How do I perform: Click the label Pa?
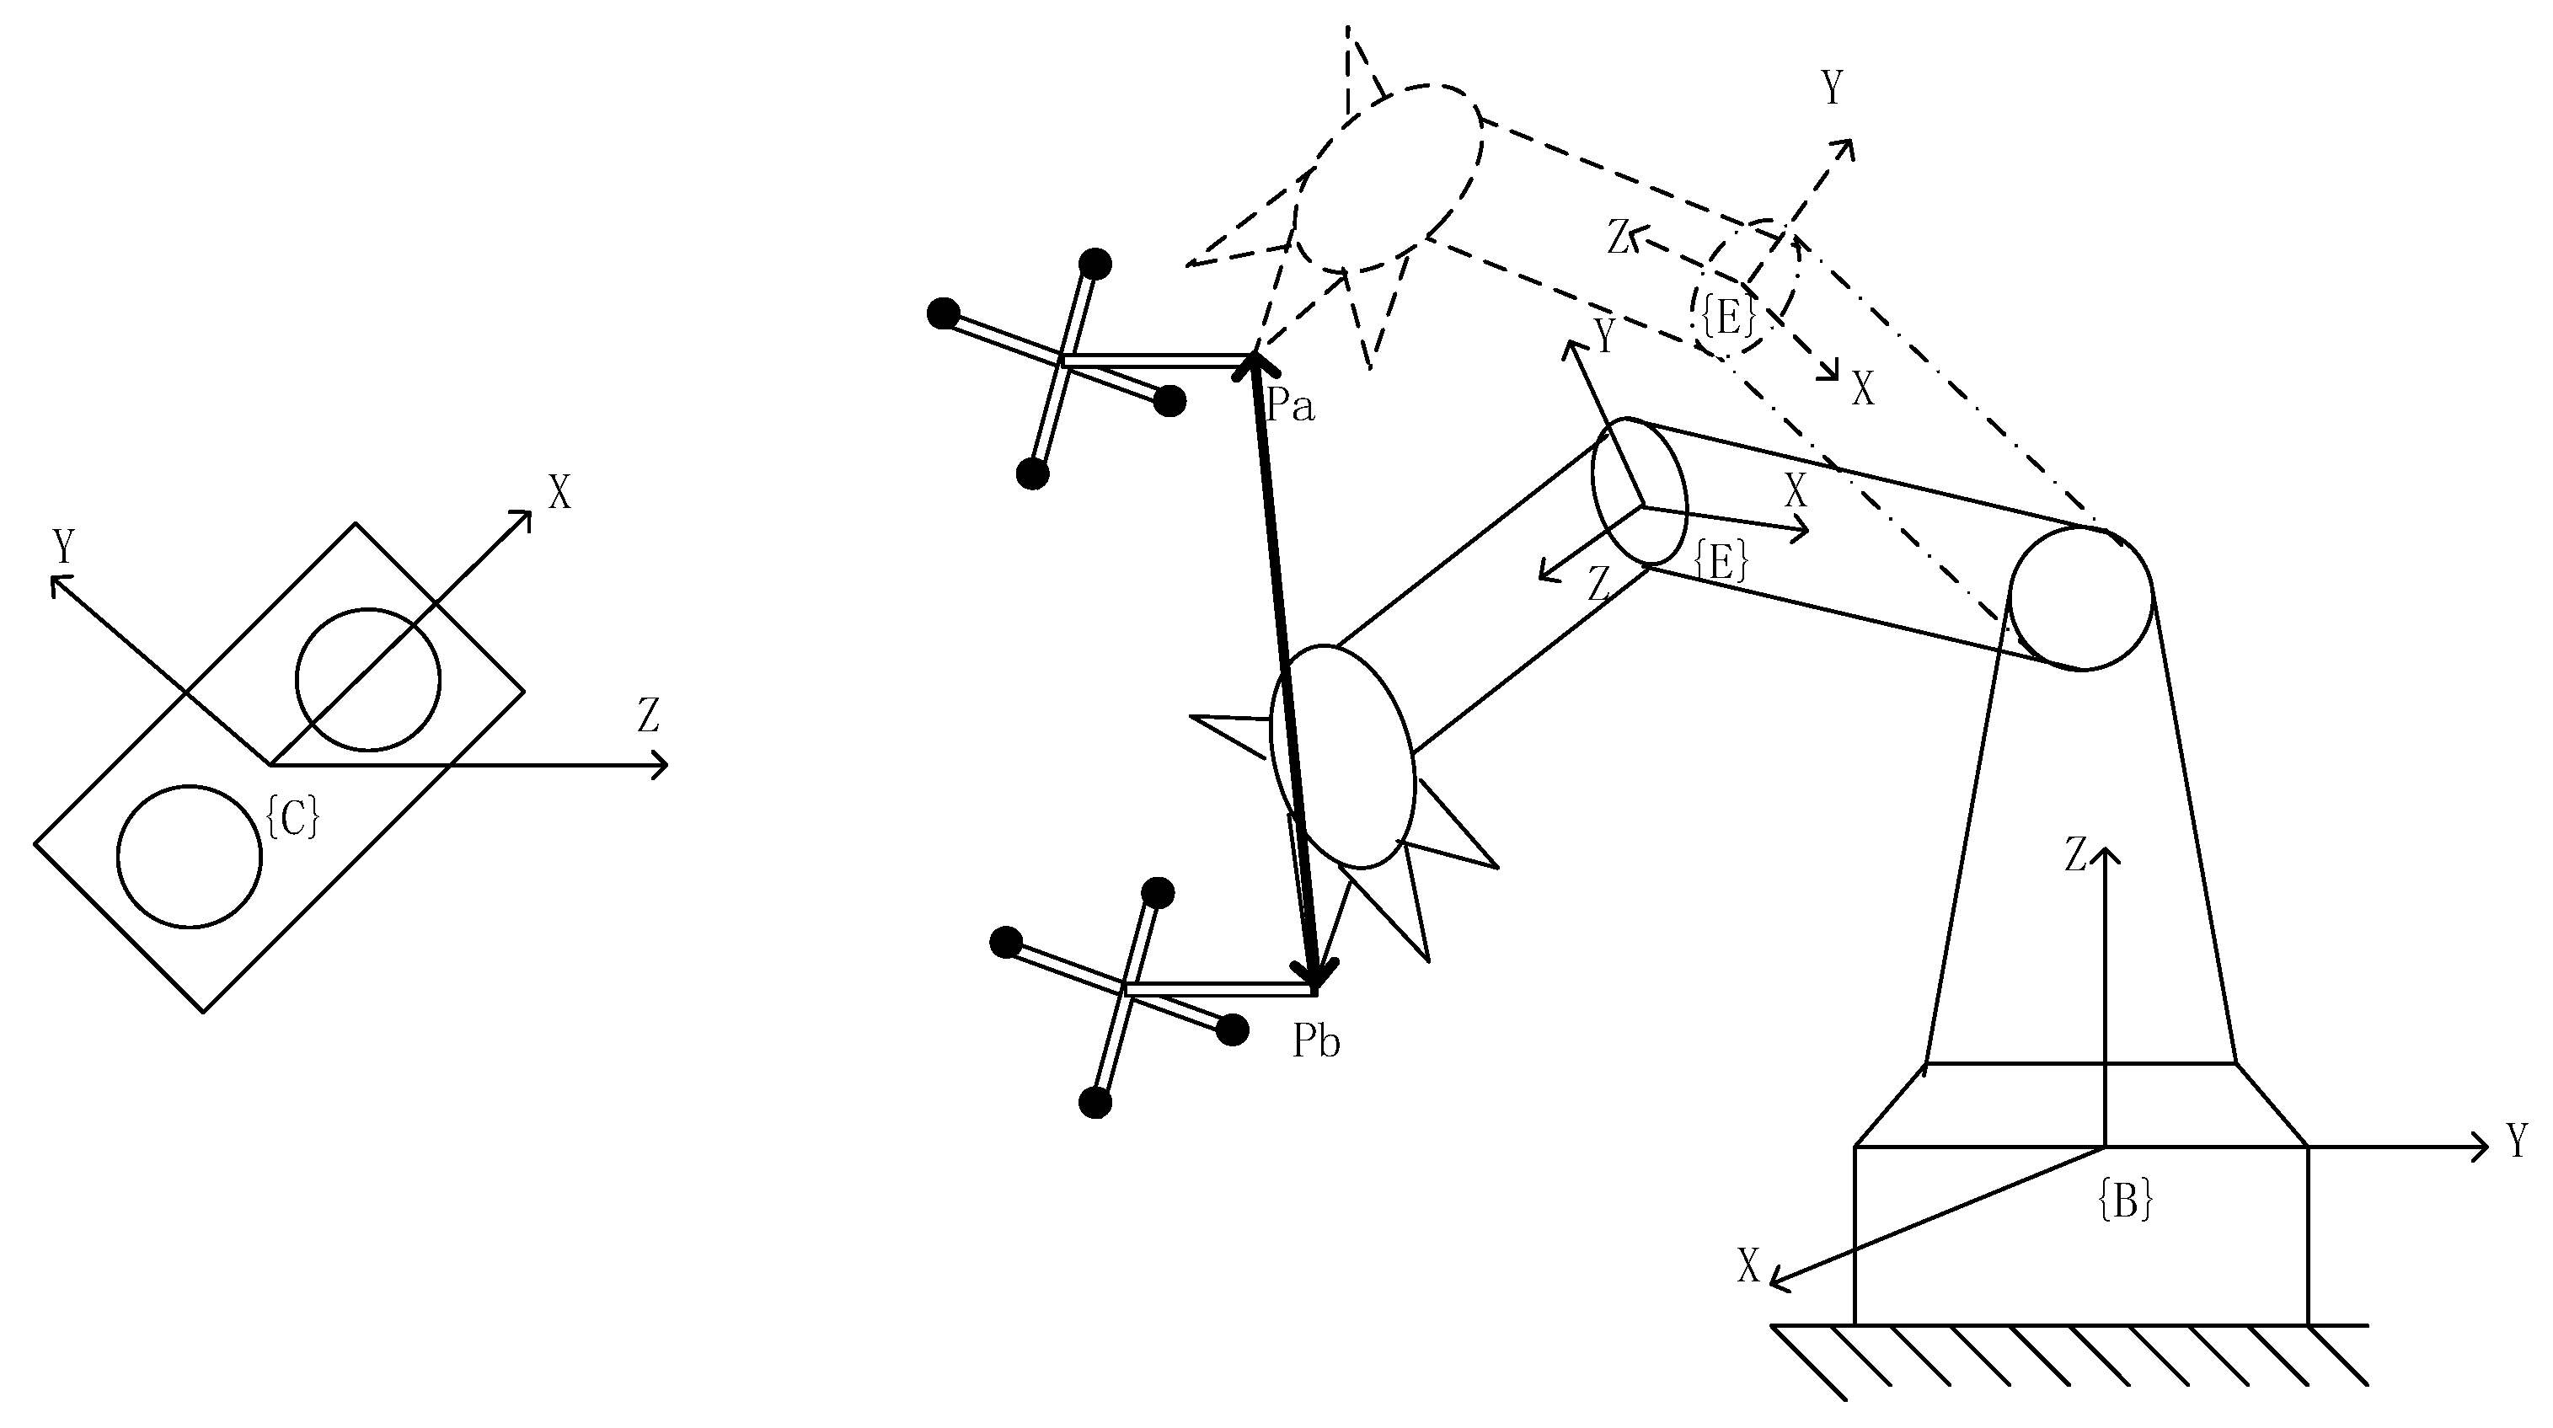[1289, 405]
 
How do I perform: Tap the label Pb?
[1316, 1042]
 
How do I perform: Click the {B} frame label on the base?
[2126, 1200]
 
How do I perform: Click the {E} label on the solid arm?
[1721, 563]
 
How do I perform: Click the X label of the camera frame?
[560, 493]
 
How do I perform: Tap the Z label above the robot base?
[2076, 855]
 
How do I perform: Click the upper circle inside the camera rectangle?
[367, 680]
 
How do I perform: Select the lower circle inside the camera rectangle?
[190, 856]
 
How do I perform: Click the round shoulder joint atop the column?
[2080, 598]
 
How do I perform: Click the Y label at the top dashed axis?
[1833, 89]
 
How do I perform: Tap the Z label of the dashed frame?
[1619, 238]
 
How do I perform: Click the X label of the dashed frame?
[1863, 390]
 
